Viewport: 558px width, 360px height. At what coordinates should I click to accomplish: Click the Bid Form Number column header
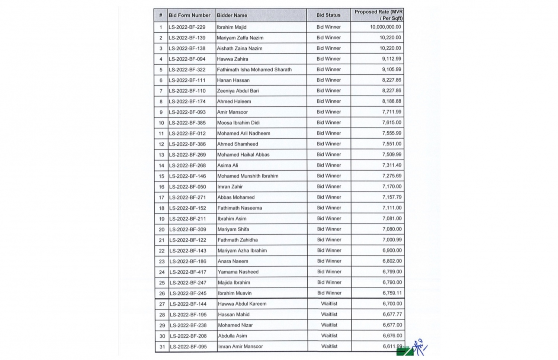(189, 15)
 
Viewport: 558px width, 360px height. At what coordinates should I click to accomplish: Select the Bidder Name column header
(232, 15)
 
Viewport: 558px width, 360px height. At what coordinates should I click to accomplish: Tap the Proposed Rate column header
(378, 15)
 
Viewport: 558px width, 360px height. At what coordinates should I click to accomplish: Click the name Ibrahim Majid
(231, 27)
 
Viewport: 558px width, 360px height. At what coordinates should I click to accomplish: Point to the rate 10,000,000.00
(385, 27)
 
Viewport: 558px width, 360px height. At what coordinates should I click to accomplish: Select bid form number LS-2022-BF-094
(187, 59)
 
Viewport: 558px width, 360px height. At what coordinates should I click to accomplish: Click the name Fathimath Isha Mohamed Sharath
(254, 70)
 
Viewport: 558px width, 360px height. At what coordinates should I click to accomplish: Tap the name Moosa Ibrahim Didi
(238, 123)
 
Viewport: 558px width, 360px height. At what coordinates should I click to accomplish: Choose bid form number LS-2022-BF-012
(187, 133)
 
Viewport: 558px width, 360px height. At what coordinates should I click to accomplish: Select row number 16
(161, 187)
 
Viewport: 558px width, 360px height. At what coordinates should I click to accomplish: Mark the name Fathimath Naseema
(240, 208)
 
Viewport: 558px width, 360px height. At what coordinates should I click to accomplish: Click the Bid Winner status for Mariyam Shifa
(329, 229)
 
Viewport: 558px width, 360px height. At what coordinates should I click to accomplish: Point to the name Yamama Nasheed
(238, 272)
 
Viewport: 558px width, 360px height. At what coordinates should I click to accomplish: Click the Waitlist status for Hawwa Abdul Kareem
(329, 304)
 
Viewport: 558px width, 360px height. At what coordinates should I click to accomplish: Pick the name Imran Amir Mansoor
(240, 347)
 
